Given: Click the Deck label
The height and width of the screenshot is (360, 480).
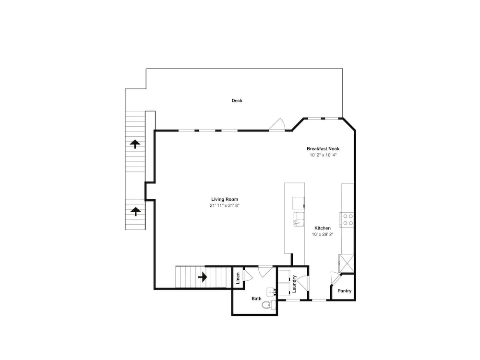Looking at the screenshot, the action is click(237, 100).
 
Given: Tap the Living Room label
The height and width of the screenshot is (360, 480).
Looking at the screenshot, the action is click(224, 199).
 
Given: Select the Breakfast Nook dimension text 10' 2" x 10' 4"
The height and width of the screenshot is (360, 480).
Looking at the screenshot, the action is click(323, 155).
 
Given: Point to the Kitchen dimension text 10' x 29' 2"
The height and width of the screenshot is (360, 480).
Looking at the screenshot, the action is click(323, 235).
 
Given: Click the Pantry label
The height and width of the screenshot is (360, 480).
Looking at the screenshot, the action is click(344, 291).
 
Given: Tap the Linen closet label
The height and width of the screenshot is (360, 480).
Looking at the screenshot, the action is click(238, 278).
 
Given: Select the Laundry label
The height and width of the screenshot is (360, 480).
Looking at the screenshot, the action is click(294, 284).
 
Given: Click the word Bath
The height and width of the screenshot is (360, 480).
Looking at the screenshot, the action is click(256, 299).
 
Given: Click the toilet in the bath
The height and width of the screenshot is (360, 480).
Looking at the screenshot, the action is click(269, 305).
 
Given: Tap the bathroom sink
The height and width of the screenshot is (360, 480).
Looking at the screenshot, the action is click(271, 292).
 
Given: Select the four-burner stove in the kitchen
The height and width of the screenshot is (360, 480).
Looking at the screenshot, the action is click(347, 220).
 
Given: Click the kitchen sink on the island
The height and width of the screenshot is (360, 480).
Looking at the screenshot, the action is click(299, 219).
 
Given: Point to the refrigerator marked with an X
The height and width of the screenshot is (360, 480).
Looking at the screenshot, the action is click(346, 263).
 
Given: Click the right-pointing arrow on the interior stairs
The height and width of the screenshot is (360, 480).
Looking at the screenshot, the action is click(203, 277).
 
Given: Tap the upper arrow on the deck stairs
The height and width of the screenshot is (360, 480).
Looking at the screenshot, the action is click(135, 144).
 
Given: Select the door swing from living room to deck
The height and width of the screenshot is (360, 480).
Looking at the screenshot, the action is click(277, 125).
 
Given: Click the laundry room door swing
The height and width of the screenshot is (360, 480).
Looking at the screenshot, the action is click(303, 283).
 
